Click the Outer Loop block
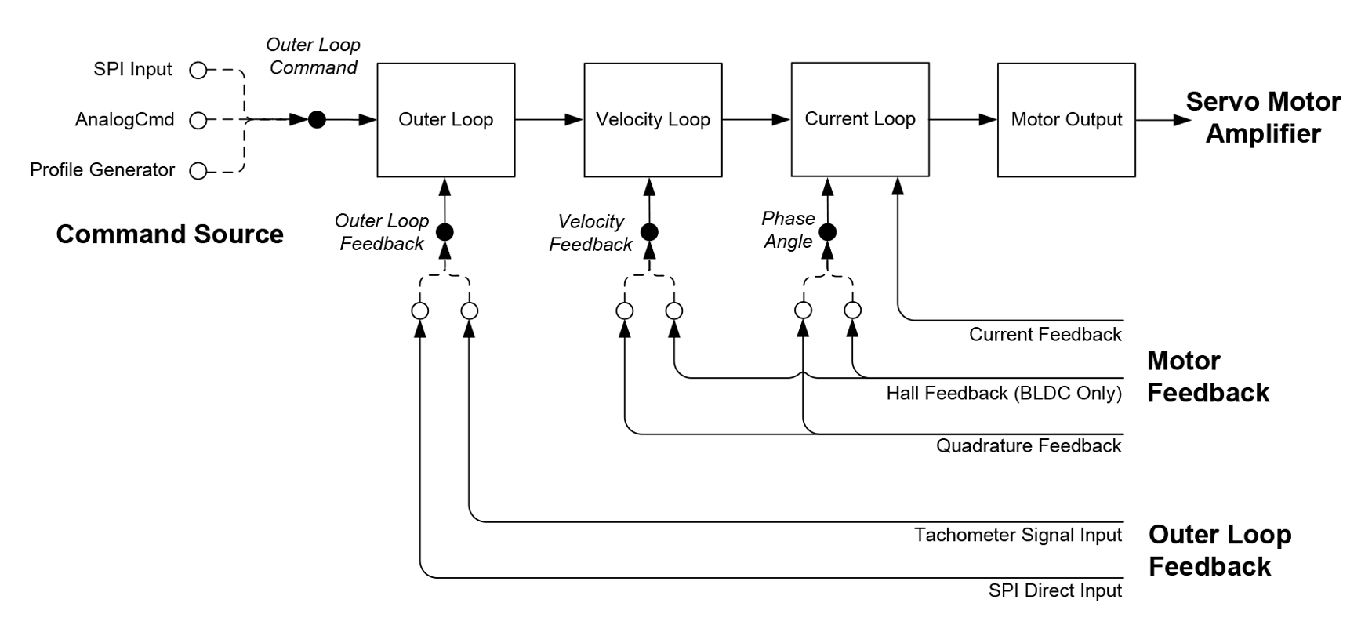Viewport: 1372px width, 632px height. [445, 120]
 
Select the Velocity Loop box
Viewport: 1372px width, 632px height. [652, 120]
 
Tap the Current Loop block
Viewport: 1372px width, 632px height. [859, 120]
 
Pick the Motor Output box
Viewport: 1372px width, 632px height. [1065, 120]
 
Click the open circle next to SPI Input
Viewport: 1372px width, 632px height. [198, 71]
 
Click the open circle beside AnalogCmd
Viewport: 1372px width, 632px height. [198, 120]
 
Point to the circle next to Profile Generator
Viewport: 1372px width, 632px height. [198, 171]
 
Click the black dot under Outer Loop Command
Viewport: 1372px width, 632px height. [317, 120]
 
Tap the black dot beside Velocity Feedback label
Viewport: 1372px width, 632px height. [649, 232]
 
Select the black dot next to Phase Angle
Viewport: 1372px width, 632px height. [827, 232]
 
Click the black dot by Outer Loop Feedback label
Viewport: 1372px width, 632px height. [445, 232]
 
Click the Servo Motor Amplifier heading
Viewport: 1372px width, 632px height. [1262, 118]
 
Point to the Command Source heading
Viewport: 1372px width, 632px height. [169, 234]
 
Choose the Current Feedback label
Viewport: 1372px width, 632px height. [1044, 335]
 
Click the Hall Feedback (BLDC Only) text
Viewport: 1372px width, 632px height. [1004, 393]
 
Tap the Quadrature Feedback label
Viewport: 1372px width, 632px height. [1028, 446]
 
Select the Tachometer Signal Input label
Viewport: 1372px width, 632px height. [1017, 536]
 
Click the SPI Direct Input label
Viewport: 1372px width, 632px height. [1054, 590]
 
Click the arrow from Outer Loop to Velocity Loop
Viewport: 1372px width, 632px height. [549, 120]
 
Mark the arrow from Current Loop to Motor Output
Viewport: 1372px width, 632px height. [963, 120]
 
